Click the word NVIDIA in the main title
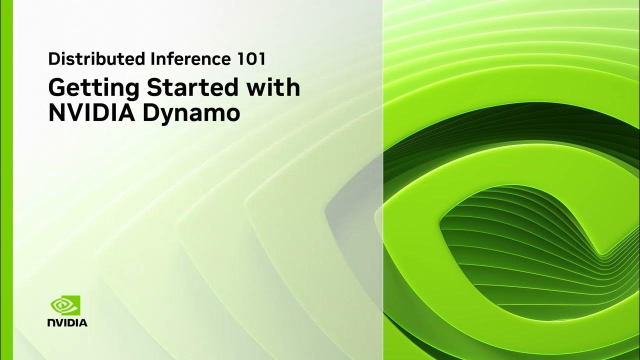coord(91,113)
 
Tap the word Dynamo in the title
coord(191,114)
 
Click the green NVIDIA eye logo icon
coord(65,304)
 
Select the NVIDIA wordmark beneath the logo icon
coord(67,322)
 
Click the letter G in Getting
coord(58,88)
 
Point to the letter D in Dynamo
coord(152,113)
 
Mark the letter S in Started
coord(154,88)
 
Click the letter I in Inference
coord(151,59)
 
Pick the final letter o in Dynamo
coord(231,115)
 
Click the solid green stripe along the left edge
coord(6,180)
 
